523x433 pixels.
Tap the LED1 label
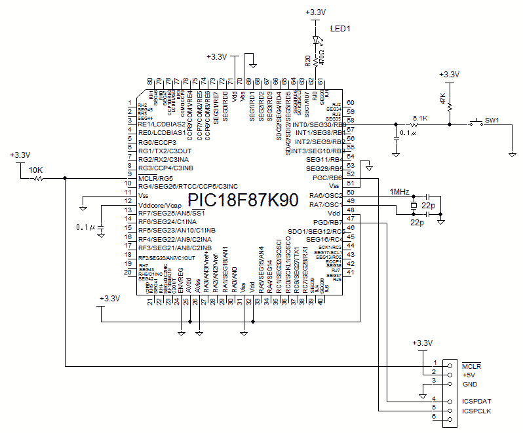(x=340, y=29)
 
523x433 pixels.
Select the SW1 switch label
(x=492, y=120)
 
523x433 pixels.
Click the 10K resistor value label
(x=35, y=170)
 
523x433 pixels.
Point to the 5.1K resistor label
(x=419, y=119)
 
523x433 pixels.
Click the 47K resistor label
(x=442, y=100)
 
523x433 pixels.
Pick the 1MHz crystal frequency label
(x=399, y=191)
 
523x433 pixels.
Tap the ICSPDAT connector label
(x=476, y=401)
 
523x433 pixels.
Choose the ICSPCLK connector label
(x=476, y=411)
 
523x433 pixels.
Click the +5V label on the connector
(x=469, y=375)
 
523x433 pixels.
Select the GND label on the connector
(x=469, y=384)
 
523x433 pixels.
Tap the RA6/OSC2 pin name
(x=326, y=195)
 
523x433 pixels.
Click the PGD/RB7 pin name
(x=328, y=222)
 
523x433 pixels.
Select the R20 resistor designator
(x=308, y=62)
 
